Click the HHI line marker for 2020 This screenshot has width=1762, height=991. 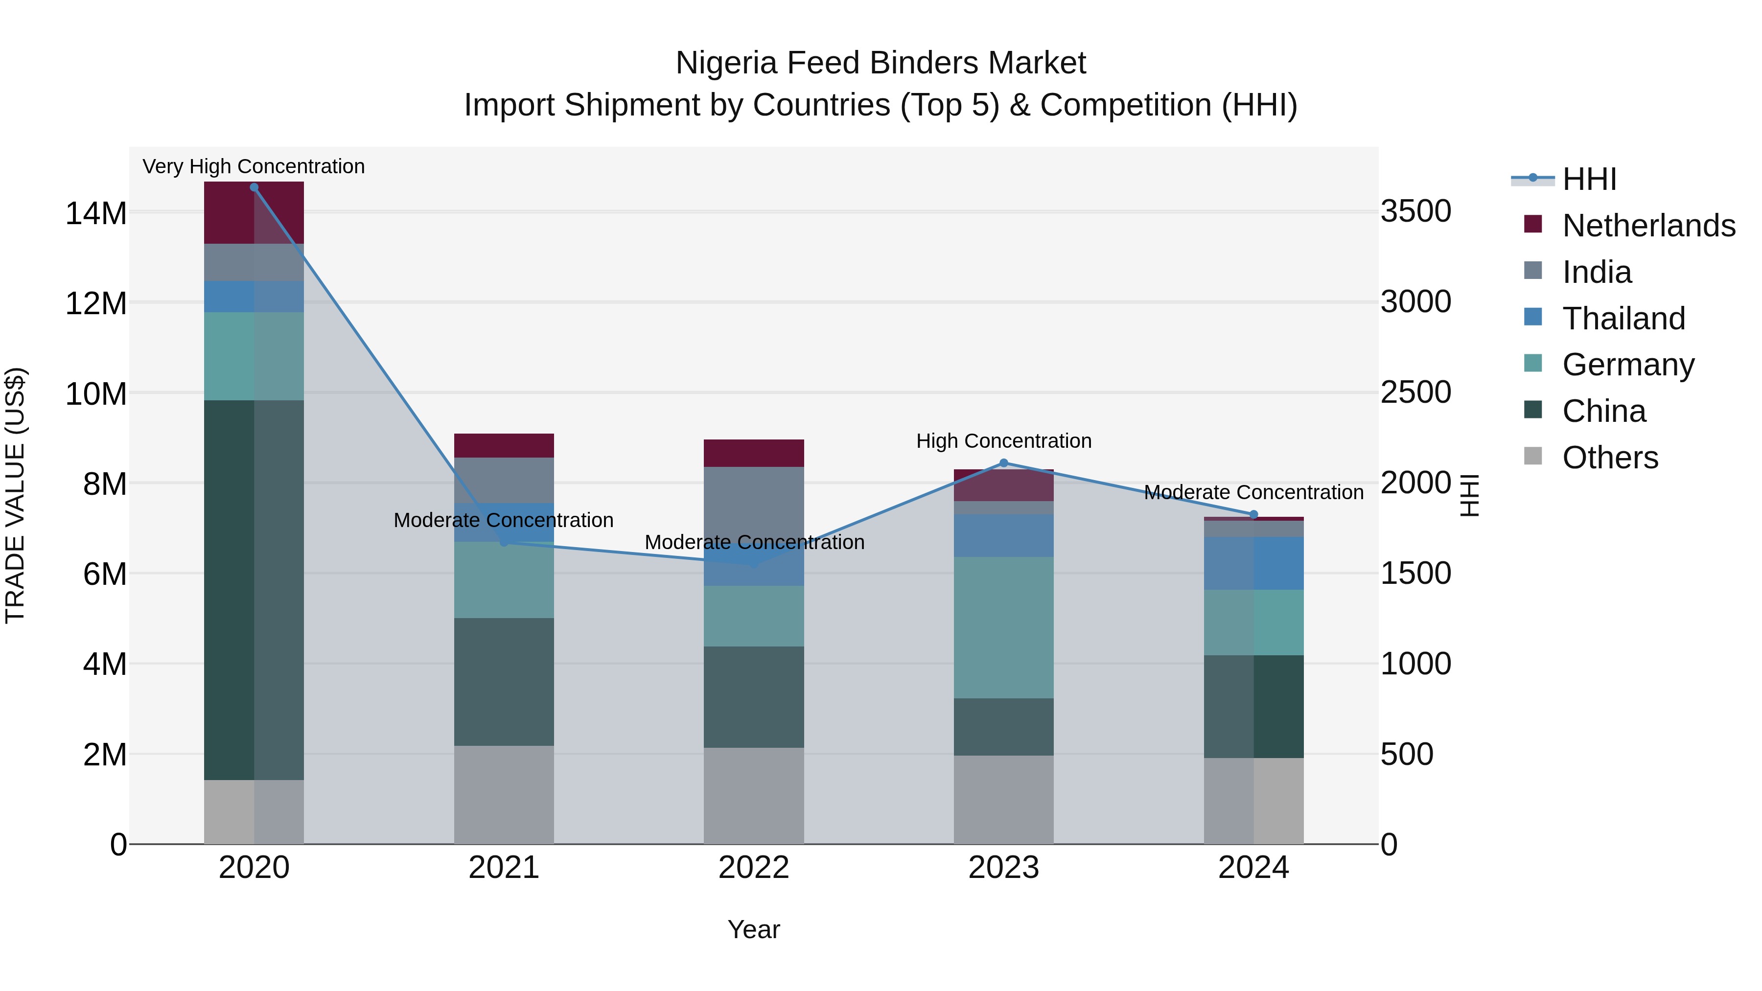tap(254, 187)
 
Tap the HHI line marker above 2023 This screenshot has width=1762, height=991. tap(1003, 463)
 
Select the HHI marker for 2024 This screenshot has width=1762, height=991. tap(1253, 515)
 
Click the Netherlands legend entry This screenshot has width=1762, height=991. tap(1648, 226)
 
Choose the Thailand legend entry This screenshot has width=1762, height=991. tap(1623, 319)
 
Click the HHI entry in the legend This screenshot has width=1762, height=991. tap(1589, 179)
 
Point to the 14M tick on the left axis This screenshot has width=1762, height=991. tap(96, 213)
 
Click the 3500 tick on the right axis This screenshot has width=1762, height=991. tap(1415, 211)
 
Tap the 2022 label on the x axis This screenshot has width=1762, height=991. tap(754, 868)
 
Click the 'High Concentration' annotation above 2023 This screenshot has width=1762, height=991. tap(1003, 441)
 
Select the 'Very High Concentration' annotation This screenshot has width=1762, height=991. tap(254, 167)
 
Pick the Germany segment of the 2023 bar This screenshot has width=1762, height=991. tap(1003, 627)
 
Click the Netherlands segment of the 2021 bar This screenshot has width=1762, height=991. tap(504, 445)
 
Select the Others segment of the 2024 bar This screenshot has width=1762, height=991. tap(1253, 800)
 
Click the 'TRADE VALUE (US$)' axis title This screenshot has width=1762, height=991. tap(15, 495)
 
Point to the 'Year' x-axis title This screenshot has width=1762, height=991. tap(754, 929)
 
